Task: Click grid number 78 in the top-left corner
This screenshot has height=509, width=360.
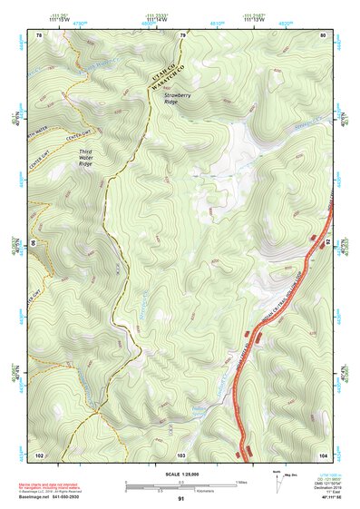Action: (x=39, y=35)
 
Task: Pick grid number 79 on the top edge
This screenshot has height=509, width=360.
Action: (x=181, y=35)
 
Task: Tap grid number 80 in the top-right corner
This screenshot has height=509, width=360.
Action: (x=323, y=35)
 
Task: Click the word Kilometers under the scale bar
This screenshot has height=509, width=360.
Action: (x=217, y=491)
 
